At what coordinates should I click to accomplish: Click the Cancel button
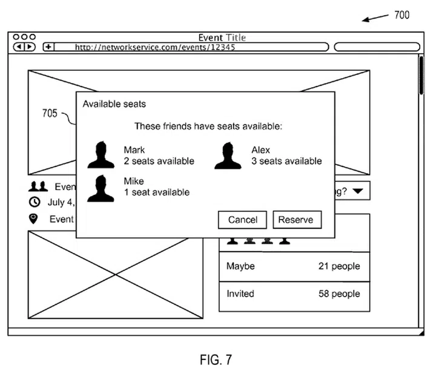point(242,220)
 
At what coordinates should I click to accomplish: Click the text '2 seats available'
point(159,161)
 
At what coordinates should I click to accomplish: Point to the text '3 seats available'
point(286,161)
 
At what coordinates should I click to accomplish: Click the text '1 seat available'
point(156,192)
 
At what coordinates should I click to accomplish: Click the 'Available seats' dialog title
point(114,104)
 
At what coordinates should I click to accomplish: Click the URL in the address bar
point(155,47)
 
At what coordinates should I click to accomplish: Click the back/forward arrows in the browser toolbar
point(25,47)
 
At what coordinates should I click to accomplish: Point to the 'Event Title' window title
point(222,38)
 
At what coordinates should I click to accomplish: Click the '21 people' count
point(339,266)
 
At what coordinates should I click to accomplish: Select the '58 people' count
point(339,294)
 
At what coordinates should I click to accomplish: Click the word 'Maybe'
point(240,266)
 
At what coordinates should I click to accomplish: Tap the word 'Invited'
point(240,294)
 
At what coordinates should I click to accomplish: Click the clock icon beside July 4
point(35,202)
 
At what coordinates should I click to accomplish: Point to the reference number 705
point(50,113)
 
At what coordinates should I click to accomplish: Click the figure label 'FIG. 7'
point(215,360)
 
